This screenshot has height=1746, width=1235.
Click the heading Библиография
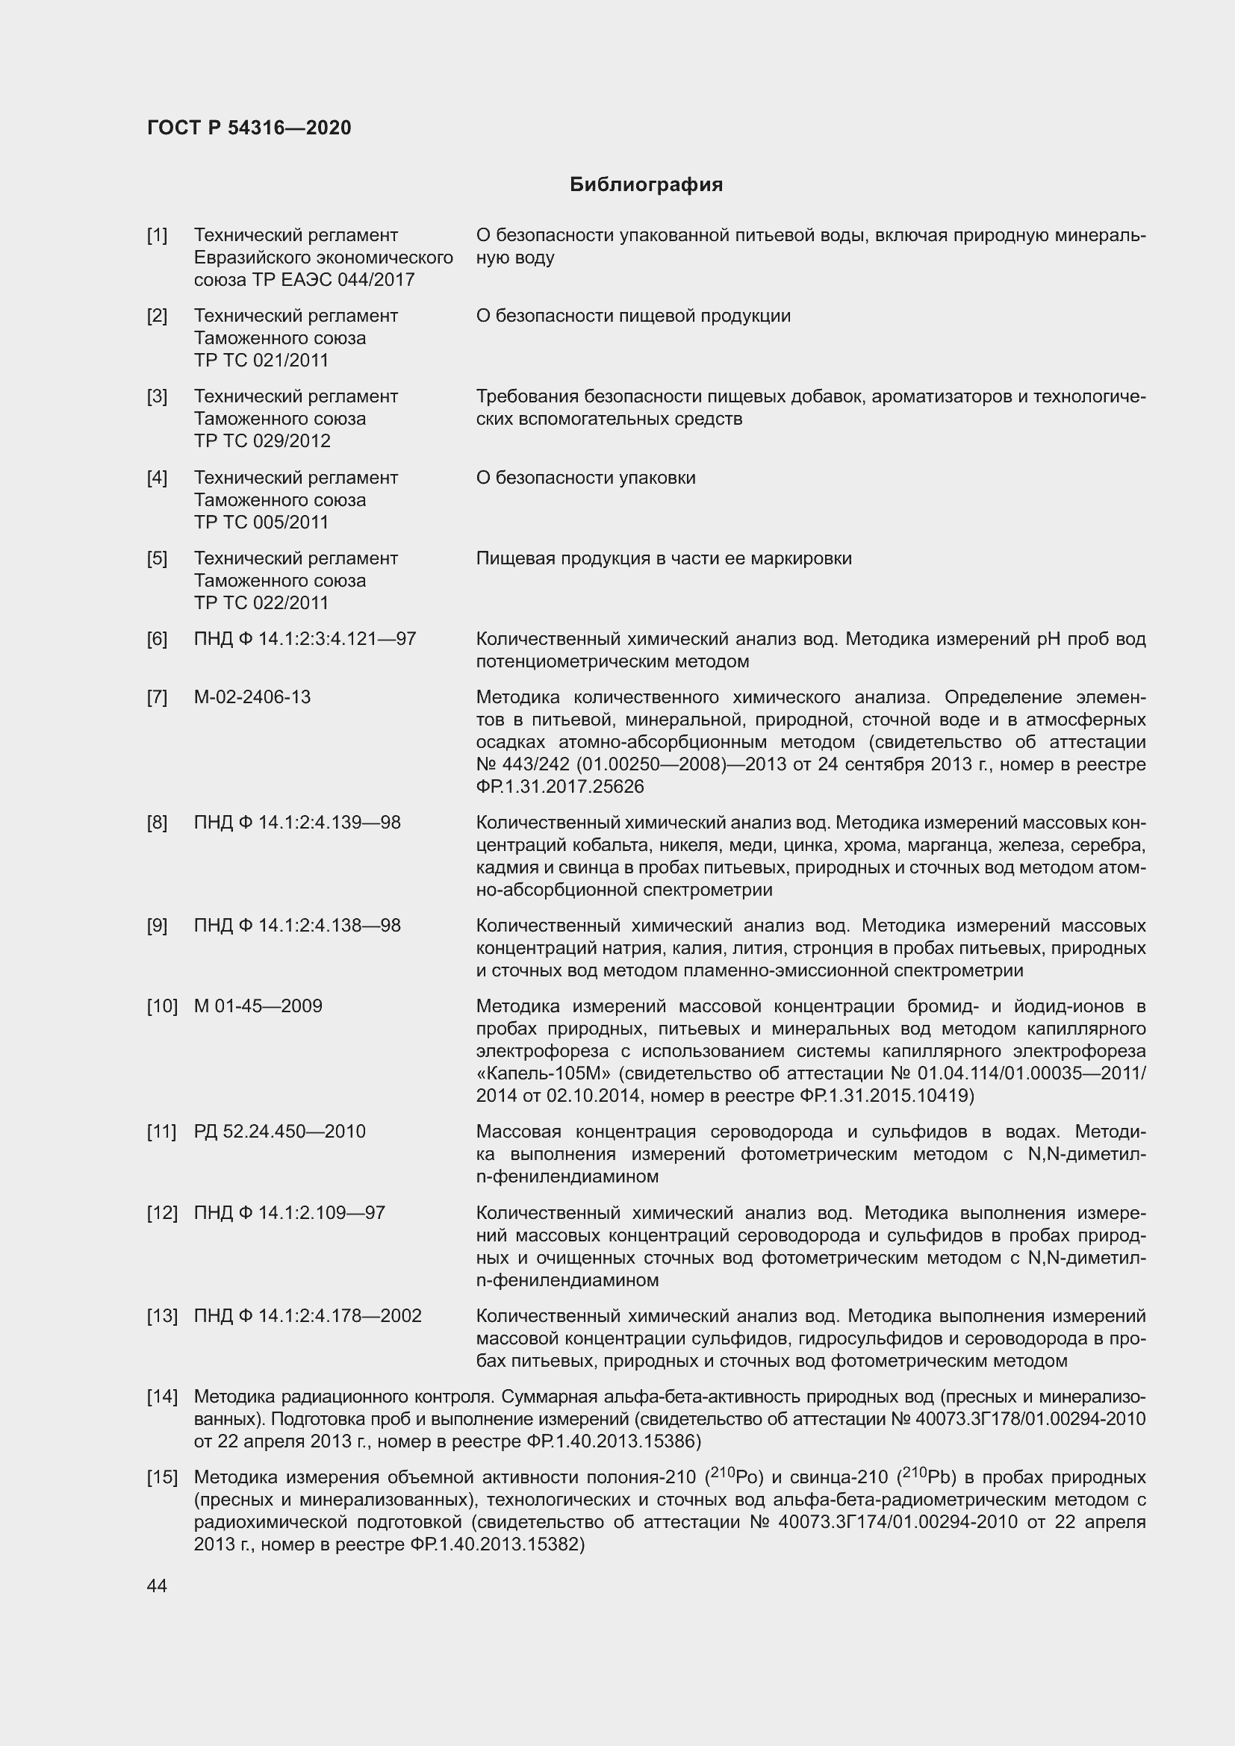646,185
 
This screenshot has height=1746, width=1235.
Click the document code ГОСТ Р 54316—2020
249,128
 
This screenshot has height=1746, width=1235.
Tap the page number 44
157,1586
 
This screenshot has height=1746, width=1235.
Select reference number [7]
157,697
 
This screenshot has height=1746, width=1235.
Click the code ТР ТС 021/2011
261,361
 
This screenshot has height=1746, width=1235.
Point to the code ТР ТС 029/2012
261,441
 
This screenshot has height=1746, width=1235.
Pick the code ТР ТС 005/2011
261,523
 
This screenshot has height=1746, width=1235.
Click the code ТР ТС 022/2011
261,603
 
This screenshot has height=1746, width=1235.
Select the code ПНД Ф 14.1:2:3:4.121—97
305,639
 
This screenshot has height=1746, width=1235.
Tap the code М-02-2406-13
252,697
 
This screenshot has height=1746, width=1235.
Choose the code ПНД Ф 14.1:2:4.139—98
296,823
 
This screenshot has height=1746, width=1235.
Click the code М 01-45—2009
258,1006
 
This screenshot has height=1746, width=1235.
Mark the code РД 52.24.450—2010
279,1132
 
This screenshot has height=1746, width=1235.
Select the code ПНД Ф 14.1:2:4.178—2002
307,1315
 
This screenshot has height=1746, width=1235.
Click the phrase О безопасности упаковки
585,478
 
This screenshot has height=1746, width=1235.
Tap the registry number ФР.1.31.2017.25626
560,786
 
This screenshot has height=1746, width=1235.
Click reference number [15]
161,1477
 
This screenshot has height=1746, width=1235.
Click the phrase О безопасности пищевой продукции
632,316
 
